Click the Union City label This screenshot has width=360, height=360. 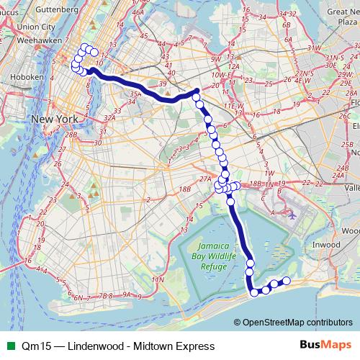tap(36, 27)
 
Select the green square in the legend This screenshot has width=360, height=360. tap(9, 344)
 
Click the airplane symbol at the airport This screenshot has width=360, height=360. tap(292, 214)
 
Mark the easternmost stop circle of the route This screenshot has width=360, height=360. tap(287, 281)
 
